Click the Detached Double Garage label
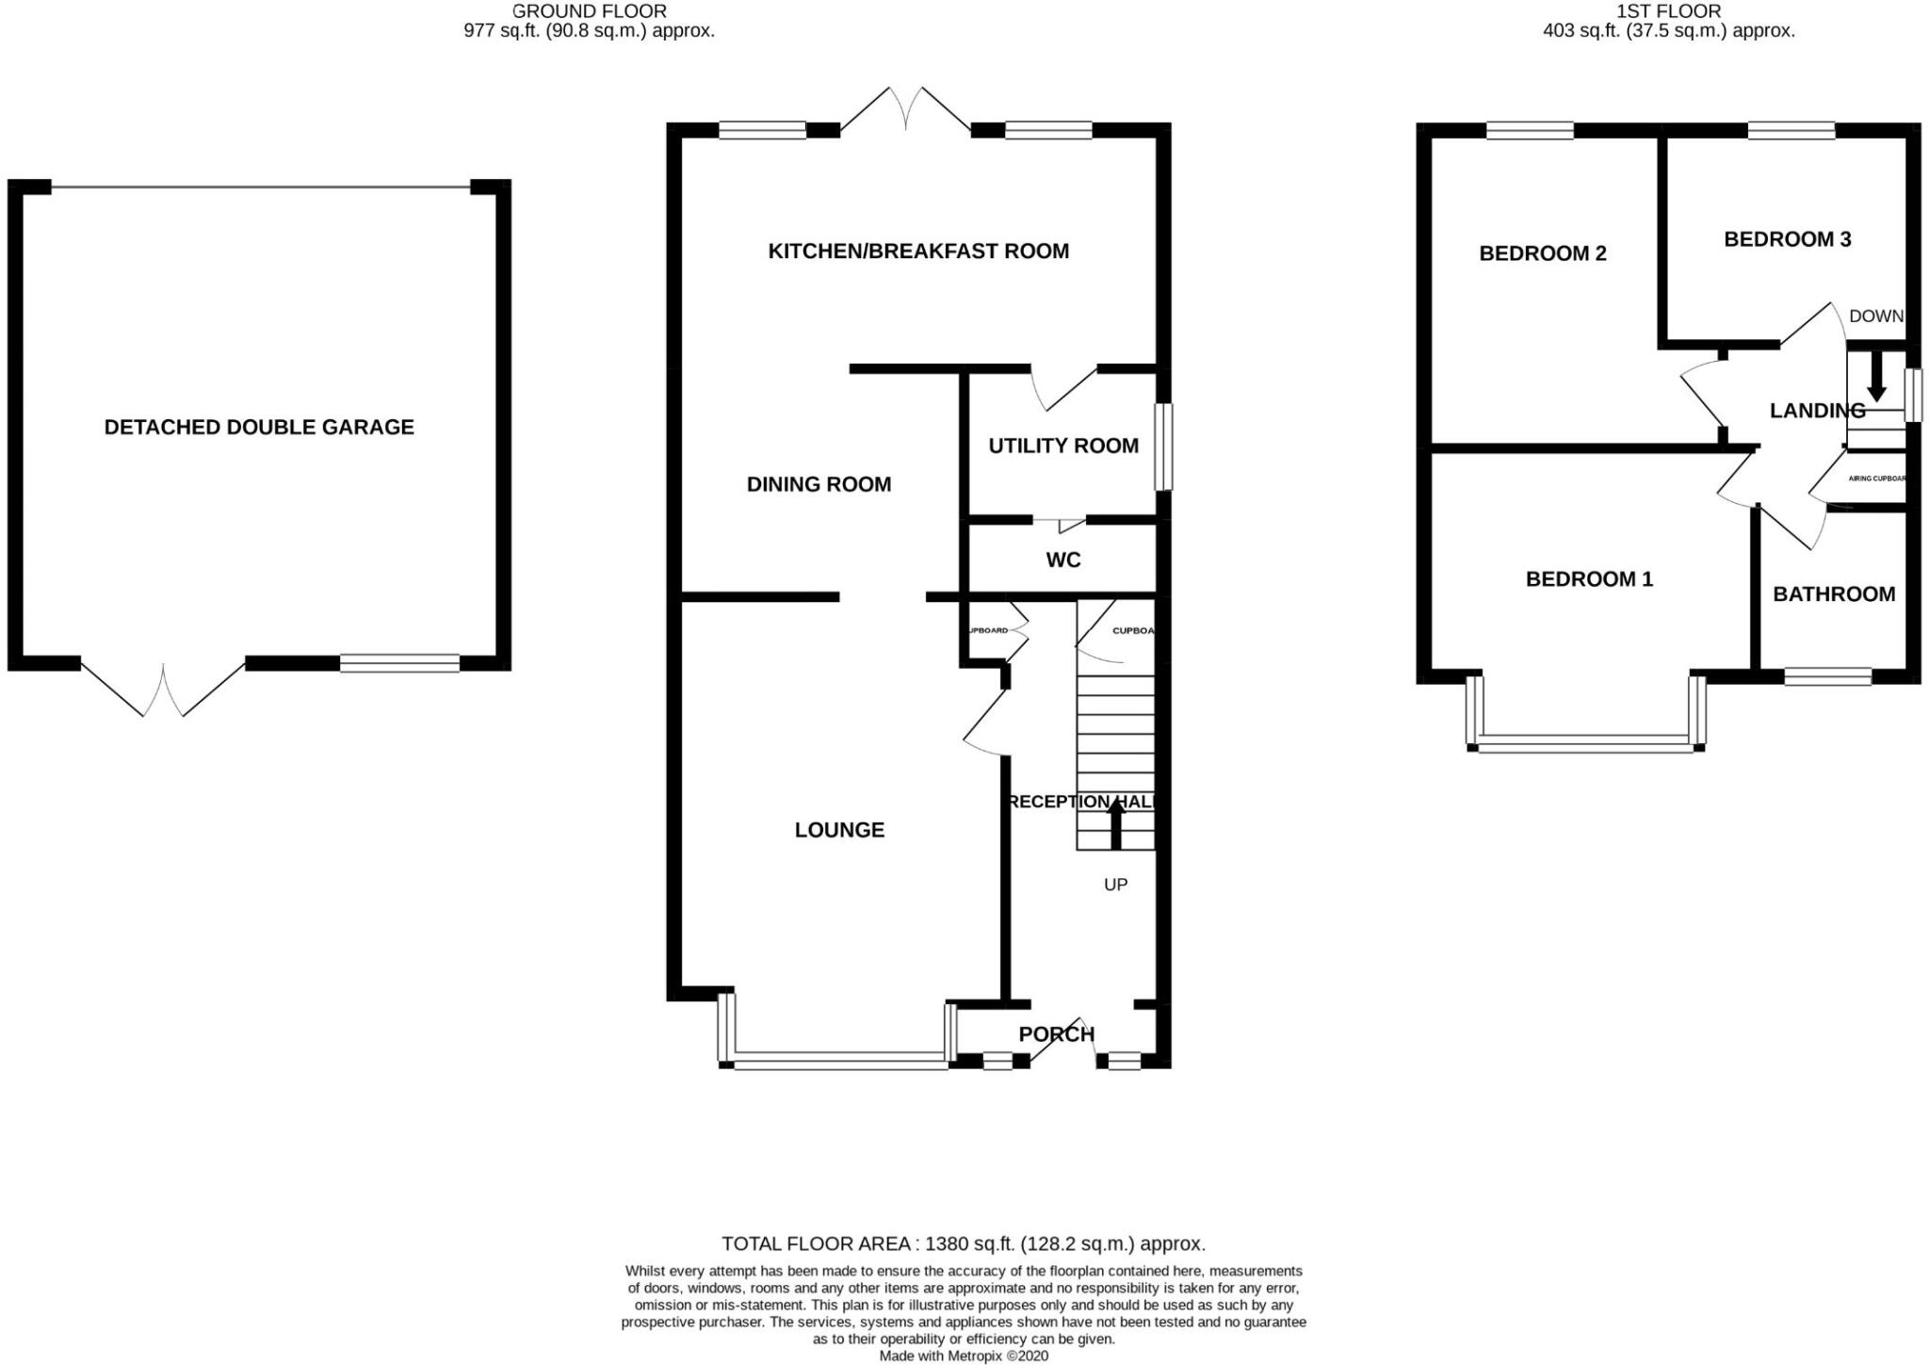(x=259, y=427)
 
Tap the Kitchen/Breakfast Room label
(x=918, y=251)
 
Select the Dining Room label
(x=819, y=484)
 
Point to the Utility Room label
(x=1063, y=446)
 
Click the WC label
(x=1063, y=560)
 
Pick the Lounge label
(x=839, y=830)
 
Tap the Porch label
(x=1056, y=1034)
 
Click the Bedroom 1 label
(x=1589, y=578)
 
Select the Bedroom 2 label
(x=1543, y=253)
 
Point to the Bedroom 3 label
(x=1787, y=239)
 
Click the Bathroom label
(x=1834, y=594)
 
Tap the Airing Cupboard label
(x=1876, y=479)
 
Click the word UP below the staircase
(x=1115, y=885)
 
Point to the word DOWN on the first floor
(x=1875, y=317)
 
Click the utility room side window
(x=1164, y=447)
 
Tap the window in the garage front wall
(x=399, y=663)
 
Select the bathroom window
(x=1827, y=675)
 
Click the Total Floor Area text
(x=963, y=1243)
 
